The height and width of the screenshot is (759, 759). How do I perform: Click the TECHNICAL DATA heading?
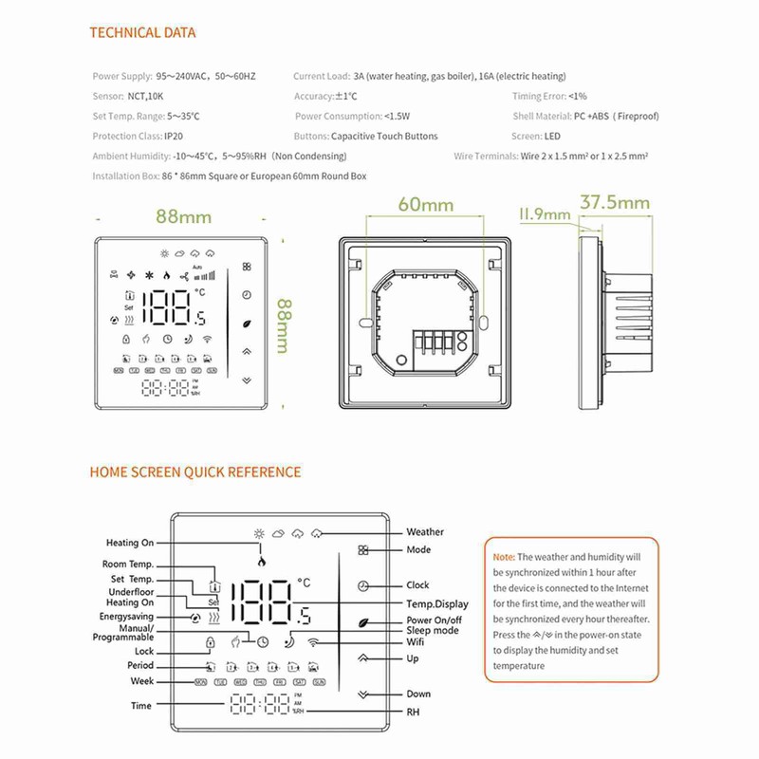142,33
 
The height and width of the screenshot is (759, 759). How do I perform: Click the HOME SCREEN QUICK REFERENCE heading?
195,472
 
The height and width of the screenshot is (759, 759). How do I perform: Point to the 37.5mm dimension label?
614,202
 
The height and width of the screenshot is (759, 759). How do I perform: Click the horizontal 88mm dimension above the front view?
184,216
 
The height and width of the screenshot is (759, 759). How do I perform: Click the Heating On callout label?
129,543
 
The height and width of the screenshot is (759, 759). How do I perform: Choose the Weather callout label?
425,532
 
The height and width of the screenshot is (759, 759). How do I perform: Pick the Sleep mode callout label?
433,630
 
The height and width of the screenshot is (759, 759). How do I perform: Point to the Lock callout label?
143,652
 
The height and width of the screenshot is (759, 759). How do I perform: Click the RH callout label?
413,711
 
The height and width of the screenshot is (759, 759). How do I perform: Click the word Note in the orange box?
504,557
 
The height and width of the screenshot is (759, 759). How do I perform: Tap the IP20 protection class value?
174,137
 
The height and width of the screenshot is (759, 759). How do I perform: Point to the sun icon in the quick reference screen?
259,533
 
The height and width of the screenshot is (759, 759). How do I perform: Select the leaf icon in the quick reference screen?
363,621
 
